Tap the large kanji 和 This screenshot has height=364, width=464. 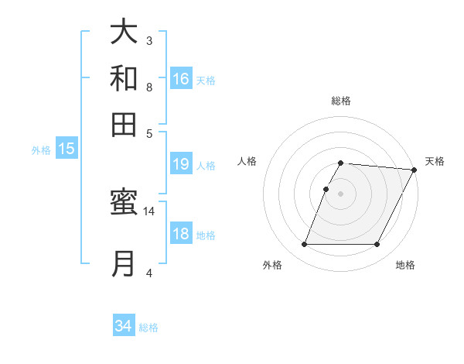[x=124, y=78]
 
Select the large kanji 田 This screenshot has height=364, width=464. [x=124, y=124]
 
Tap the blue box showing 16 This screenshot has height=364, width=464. [x=181, y=79]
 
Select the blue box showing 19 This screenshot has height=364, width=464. [x=181, y=164]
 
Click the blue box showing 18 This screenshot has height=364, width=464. [x=181, y=235]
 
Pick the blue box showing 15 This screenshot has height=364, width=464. [x=67, y=149]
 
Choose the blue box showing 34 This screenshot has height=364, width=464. [x=124, y=326]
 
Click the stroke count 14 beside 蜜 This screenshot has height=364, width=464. [x=149, y=211]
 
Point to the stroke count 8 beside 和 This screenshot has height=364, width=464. [x=149, y=87]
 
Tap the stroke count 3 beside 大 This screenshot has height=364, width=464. [x=149, y=40]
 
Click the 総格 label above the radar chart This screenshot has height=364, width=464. [x=341, y=101]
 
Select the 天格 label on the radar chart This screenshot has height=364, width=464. [x=435, y=161]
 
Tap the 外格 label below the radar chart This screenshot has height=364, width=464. [x=272, y=266]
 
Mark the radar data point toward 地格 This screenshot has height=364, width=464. [x=377, y=245]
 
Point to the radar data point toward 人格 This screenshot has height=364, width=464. [x=326, y=189]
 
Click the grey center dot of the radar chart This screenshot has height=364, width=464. [x=341, y=194]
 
